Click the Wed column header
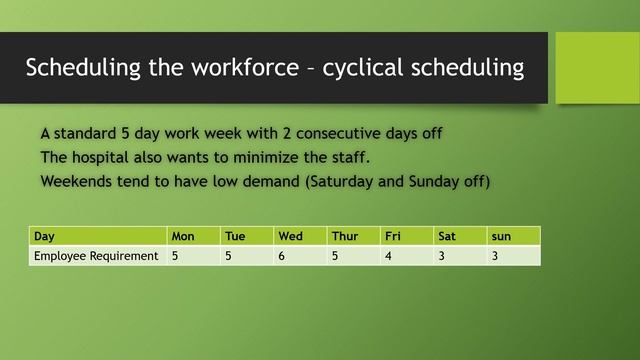click(x=291, y=236)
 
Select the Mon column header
click(x=183, y=236)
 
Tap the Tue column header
click(x=235, y=236)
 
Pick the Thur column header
click(x=345, y=236)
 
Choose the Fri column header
click(x=394, y=236)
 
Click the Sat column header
click(x=446, y=236)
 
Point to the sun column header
click(x=501, y=236)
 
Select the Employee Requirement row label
click(x=96, y=256)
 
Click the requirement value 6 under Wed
click(x=282, y=256)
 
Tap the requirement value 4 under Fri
click(x=389, y=256)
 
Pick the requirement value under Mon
click(x=175, y=256)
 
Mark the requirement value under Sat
click(x=442, y=256)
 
